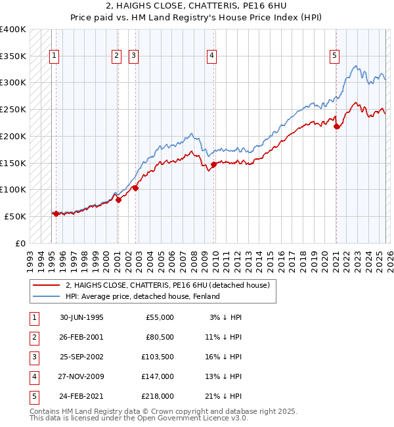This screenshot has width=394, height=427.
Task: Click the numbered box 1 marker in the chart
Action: coord(53,56)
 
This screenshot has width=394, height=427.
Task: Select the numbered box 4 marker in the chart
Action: coord(212,56)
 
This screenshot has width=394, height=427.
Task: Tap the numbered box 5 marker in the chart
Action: coord(334,56)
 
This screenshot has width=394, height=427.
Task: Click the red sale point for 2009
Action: coord(213,164)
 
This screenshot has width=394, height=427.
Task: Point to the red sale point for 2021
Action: coord(336,127)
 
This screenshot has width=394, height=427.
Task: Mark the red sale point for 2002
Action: coord(136,188)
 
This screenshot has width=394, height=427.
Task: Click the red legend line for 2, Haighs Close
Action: coord(47,285)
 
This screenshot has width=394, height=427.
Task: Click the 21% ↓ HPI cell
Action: coord(224,396)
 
